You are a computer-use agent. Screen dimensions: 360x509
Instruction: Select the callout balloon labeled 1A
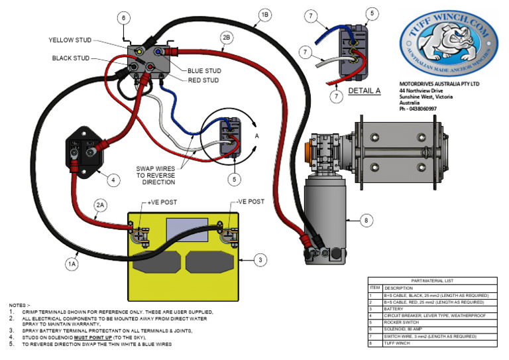tap(72, 264)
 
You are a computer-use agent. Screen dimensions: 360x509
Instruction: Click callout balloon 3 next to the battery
tap(261, 259)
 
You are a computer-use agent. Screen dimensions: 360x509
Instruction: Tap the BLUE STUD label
tap(203, 71)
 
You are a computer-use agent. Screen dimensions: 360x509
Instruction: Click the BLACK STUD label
tap(71, 58)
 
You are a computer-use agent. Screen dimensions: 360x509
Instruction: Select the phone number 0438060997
tap(424, 109)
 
